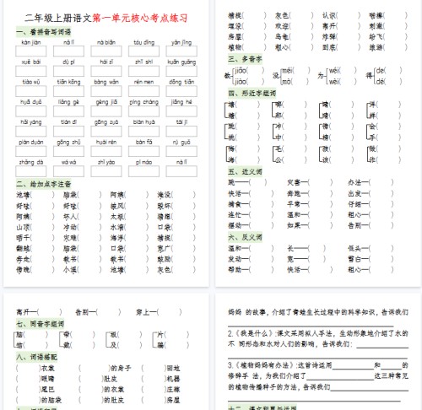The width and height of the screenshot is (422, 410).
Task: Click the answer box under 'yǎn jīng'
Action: pos(181,52)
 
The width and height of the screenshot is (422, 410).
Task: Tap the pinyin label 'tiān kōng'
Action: pos(68,81)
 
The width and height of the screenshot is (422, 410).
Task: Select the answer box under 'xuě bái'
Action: pos(30,72)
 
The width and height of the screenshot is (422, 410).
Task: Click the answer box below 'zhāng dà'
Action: pos(30,172)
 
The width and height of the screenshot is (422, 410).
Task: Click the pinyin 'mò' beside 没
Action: pos(286,82)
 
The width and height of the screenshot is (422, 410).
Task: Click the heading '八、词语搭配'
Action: pos(34,356)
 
